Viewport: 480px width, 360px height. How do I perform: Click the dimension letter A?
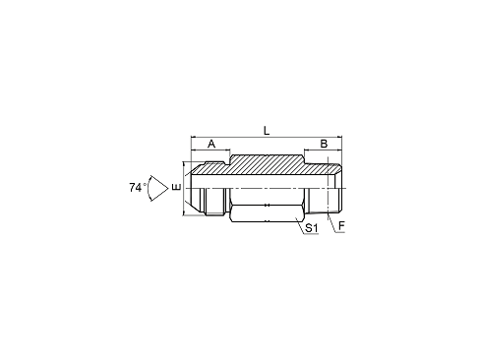pos(210,144)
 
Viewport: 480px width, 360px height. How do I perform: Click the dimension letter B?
pos(323,144)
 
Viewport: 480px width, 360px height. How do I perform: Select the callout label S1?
pos(311,228)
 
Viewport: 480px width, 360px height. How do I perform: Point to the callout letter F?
pos(341,228)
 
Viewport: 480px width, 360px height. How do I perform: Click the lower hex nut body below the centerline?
pos(266,210)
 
